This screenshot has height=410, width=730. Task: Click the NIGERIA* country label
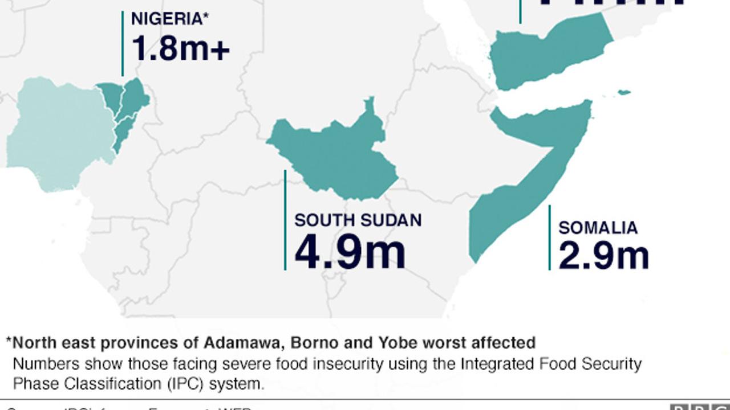point(169,19)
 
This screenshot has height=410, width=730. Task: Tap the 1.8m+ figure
point(180,48)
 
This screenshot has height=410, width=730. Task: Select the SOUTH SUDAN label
point(358,220)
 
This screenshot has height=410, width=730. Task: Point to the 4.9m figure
point(350,253)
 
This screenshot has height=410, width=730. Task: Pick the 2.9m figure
point(603,256)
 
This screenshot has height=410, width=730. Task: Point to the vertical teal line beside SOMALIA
point(549,237)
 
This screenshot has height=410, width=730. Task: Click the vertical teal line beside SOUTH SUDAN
point(285,220)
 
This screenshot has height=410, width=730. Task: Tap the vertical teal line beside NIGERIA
point(122,43)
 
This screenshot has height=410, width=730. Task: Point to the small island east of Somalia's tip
point(624,92)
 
